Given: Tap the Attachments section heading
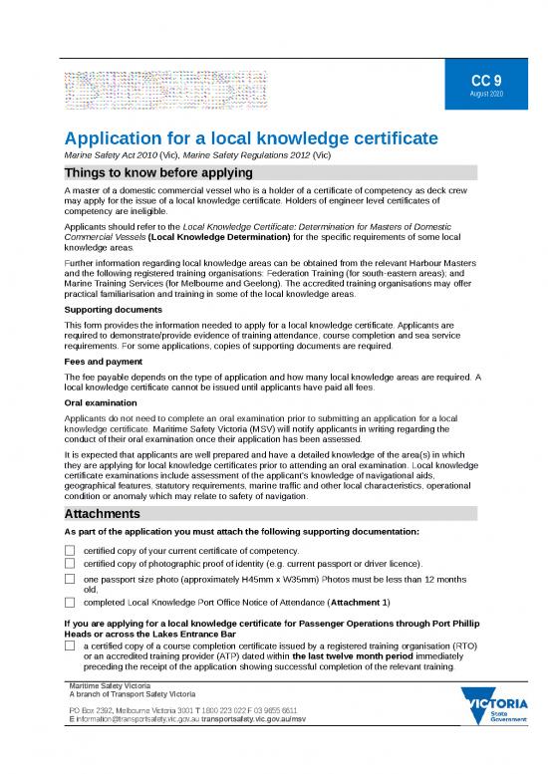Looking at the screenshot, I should point(102,514).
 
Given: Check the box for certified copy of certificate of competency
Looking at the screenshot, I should point(70,551).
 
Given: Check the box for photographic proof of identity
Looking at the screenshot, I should point(70,564).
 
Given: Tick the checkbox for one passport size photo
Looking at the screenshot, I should point(70,579).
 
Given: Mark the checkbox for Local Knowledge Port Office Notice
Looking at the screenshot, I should point(70,602).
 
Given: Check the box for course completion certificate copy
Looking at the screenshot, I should point(70,646).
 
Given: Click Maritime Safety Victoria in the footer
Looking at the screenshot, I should point(109,686).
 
